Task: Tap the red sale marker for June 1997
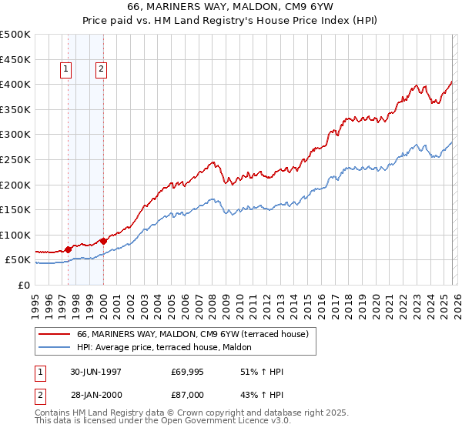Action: point(69,249)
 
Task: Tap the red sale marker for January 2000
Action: point(103,241)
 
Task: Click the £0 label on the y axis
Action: point(24,285)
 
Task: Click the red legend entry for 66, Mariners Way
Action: point(192,335)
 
